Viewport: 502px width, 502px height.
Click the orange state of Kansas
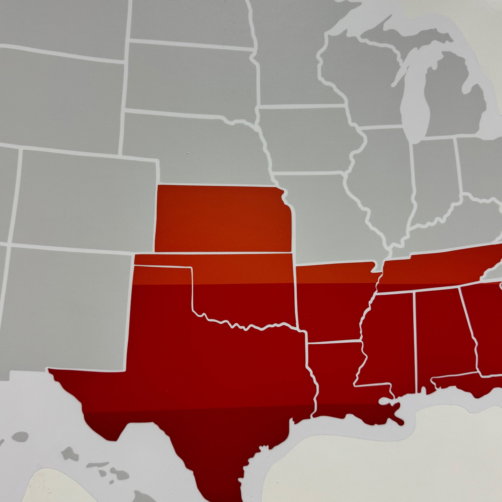tap(223, 218)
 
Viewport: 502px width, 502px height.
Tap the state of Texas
tap(208, 377)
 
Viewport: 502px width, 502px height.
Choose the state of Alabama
tap(442, 338)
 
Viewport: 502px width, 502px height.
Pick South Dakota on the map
tap(190, 78)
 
